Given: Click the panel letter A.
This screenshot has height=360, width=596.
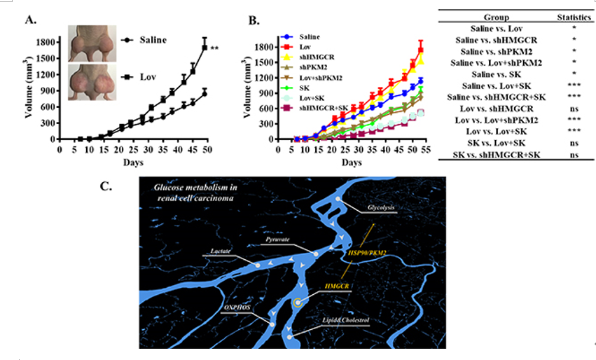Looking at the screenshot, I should click(x=31, y=19).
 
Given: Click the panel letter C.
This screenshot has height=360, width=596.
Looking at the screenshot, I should click(x=105, y=186).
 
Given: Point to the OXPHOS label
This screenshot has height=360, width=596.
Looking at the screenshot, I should click(x=238, y=307).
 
